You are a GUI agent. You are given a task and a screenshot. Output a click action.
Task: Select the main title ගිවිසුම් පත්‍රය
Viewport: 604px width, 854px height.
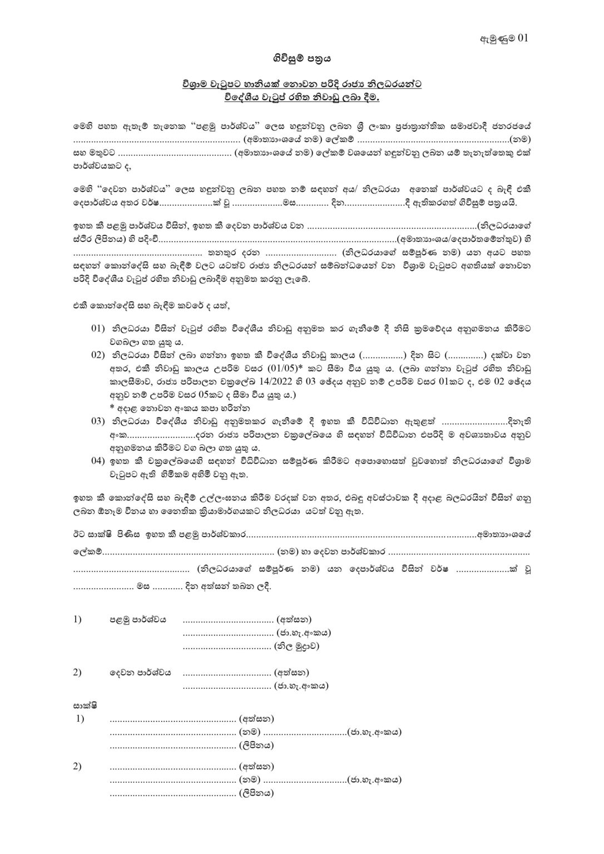click(x=301, y=57)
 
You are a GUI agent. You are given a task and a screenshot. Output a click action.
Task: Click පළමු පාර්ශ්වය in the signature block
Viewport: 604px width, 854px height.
click(x=137, y=619)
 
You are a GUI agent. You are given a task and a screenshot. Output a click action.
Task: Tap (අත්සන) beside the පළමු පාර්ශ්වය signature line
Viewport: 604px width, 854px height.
click(x=293, y=619)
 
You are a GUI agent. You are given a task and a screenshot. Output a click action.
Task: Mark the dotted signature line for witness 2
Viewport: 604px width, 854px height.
click(x=173, y=767)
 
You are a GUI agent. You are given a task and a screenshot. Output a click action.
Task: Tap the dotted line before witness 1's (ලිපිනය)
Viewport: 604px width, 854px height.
click(x=173, y=746)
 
